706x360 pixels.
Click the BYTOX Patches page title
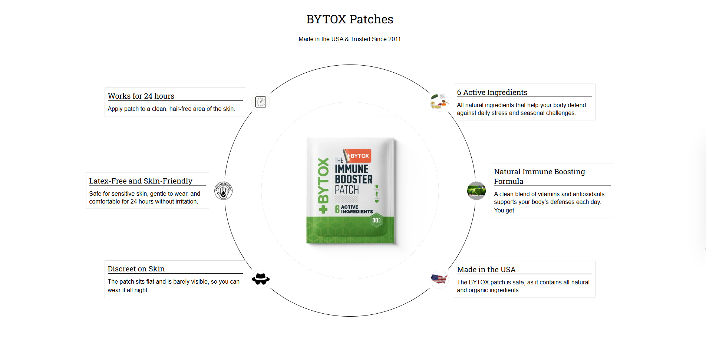click(350, 19)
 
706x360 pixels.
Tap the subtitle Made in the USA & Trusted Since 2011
click(350, 39)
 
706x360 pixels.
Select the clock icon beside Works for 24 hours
click(261, 102)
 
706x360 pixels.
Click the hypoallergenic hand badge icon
click(223, 191)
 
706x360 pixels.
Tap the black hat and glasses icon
click(261, 279)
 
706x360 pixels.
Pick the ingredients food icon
click(439, 102)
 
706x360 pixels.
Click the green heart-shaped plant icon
click(476, 191)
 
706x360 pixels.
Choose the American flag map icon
click(439, 279)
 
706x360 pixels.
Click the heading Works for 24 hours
click(141, 96)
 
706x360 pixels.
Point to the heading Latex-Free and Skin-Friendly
click(141, 181)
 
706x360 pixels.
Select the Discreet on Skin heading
click(136, 269)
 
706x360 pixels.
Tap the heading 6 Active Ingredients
click(492, 92)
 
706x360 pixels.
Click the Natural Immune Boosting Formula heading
click(539, 176)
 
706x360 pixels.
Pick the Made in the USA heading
click(486, 270)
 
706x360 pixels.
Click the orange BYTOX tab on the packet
click(358, 156)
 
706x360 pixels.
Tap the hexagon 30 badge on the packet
click(376, 220)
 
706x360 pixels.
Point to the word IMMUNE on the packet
click(352, 169)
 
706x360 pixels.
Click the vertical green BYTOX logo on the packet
click(323, 185)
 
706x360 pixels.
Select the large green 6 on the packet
click(337, 209)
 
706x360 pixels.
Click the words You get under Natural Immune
click(504, 211)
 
